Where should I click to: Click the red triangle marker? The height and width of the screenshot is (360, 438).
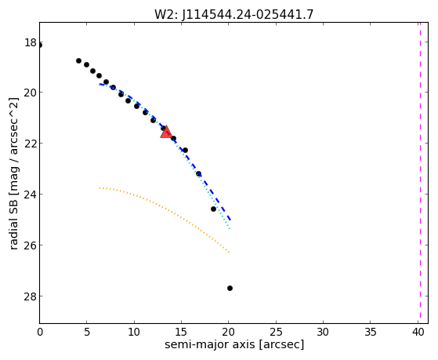tap(166, 133)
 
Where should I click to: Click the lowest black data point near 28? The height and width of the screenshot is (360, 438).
tap(230, 288)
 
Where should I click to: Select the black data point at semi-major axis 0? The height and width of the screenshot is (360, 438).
tap(40, 45)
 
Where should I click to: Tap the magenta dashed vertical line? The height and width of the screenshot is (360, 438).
tap(420, 173)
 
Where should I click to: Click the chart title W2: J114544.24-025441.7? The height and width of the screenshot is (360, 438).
tap(234, 14)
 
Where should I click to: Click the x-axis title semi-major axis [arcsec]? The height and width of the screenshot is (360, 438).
tap(234, 344)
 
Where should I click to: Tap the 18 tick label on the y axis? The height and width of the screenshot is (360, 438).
tap(31, 43)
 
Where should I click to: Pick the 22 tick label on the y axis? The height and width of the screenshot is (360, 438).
tap(31, 144)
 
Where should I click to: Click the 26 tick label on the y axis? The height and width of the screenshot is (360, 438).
tap(31, 245)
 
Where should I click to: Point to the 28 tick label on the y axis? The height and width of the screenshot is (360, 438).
tap(31, 296)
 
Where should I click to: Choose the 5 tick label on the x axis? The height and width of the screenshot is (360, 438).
tap(87, 332)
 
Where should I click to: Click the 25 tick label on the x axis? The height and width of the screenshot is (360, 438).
tap(276, 332)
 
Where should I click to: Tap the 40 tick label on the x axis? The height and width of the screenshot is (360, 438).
tap(418, 332)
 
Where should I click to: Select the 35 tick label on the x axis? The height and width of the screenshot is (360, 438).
tap(371, 332)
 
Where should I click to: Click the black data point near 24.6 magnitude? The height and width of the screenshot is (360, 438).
tap(214, 209)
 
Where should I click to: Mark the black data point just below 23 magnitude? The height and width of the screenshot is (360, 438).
tap(198, 174)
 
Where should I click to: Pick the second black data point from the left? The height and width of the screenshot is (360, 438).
tap(79, 60)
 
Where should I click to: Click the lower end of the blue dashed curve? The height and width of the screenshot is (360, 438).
tap(230, 220)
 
